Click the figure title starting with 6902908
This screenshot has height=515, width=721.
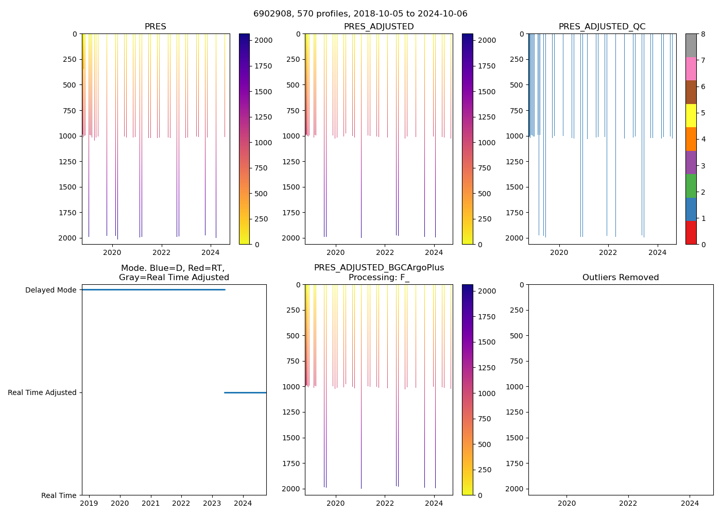tap(360, 14)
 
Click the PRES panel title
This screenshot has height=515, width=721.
tap(155, 27)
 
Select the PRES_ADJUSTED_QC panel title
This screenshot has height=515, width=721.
tap(602, 27)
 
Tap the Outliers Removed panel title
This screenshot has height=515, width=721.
tap(620, 278)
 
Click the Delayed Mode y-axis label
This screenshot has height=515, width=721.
tap(50, 290)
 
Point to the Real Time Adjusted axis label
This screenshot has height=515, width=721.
tap(42, 392)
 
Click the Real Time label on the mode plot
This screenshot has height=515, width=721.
tap(59, 495)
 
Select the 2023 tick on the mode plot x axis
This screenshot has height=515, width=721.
tap(212, 503)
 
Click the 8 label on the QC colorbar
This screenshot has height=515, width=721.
tap(703, 34)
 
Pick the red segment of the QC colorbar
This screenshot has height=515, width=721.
tap(691, 232)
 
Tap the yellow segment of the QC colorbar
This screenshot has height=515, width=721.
tap(691, 115)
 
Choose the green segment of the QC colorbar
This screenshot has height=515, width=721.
tap(691, 185)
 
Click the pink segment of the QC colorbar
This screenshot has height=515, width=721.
tap(691, 68)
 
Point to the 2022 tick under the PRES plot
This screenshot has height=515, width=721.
tap(161, 252)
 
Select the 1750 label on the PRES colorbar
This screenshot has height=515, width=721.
tap(263, 66)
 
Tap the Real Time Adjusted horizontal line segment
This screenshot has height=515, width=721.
tap(245, 392)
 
